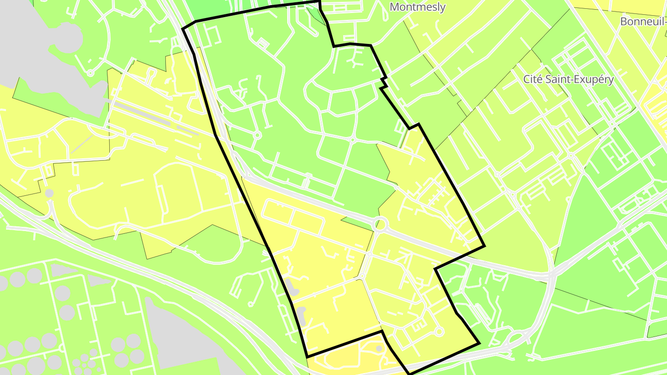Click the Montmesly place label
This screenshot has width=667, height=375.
pos(417,7)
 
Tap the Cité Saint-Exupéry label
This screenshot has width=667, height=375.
pos(568,79)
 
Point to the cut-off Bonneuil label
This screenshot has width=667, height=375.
pos(643,21)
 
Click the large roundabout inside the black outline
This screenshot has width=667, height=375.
pos(380,225)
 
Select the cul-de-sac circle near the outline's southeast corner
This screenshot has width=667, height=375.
pos(439,331)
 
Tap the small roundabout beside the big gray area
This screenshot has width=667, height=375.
pos(90,73)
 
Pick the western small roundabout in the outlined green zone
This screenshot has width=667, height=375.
pos(257,135)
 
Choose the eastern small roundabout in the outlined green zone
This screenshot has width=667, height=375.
pos(352,139)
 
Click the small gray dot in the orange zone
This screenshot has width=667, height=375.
pos(379,348)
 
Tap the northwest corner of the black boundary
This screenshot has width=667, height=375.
pos(183,29)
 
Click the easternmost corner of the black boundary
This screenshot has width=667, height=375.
pos(484,246)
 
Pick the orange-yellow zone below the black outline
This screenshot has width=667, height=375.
pos(352,359)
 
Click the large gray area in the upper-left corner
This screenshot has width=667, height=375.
pos(42,46)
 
